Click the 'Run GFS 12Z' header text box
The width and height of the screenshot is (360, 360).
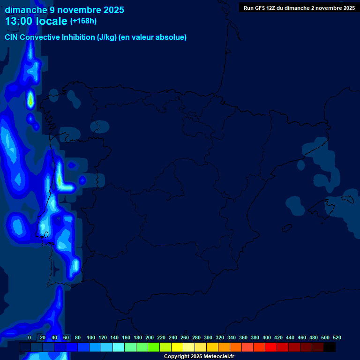click(x=299, y=8)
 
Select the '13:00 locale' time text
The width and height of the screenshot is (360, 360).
click(x=36, y=22)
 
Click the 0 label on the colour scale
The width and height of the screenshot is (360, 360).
click(x=30, y=337)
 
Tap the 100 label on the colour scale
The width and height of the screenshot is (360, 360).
click(x=91, y=337)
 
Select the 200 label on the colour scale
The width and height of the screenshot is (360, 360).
click(x=150, y=337)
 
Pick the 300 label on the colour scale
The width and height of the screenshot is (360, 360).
click(x=208, y=337)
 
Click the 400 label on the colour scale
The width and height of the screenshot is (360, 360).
click(x=267, y=337)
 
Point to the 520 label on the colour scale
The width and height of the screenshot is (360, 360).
click(x=337, y=337)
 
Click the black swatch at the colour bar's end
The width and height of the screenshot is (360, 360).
click(x=330, y=347)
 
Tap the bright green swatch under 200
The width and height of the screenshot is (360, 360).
click(x=154, y=347)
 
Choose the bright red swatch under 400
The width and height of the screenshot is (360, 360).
click(x=271, y=347)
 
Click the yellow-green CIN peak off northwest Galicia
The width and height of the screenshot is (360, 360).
click(x=30, y=100)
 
